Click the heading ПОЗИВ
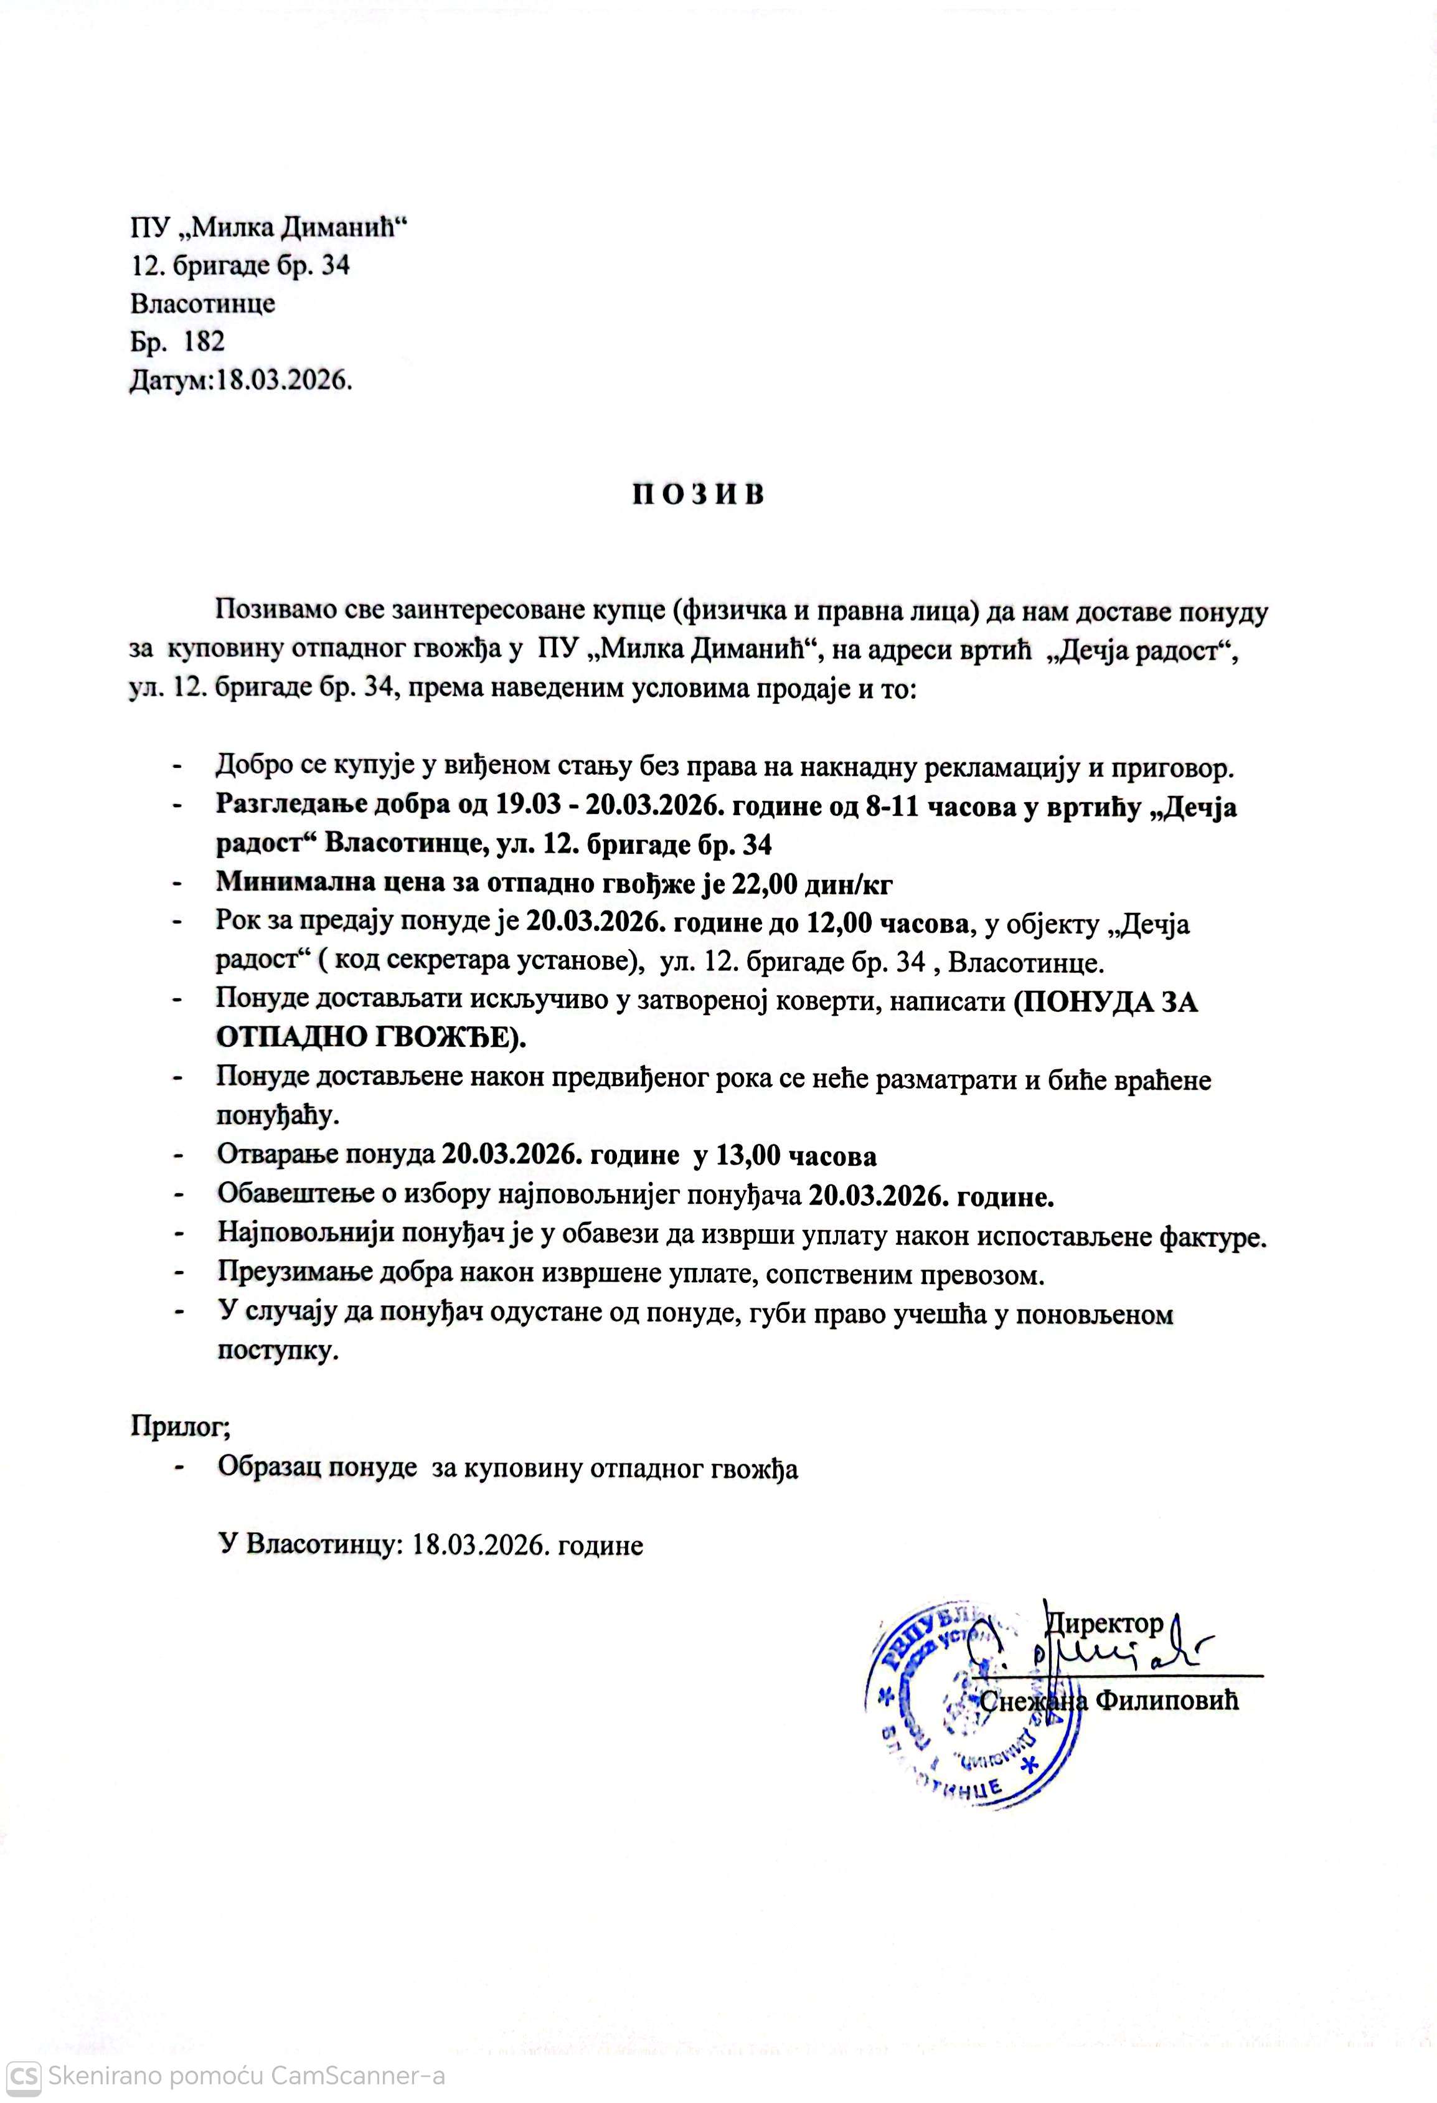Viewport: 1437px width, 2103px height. coord(698,495)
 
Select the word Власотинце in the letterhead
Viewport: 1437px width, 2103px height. coord(203,303)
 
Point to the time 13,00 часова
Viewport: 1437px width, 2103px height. coord(796,1156)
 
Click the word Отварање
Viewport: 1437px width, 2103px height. coord(276,1156)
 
